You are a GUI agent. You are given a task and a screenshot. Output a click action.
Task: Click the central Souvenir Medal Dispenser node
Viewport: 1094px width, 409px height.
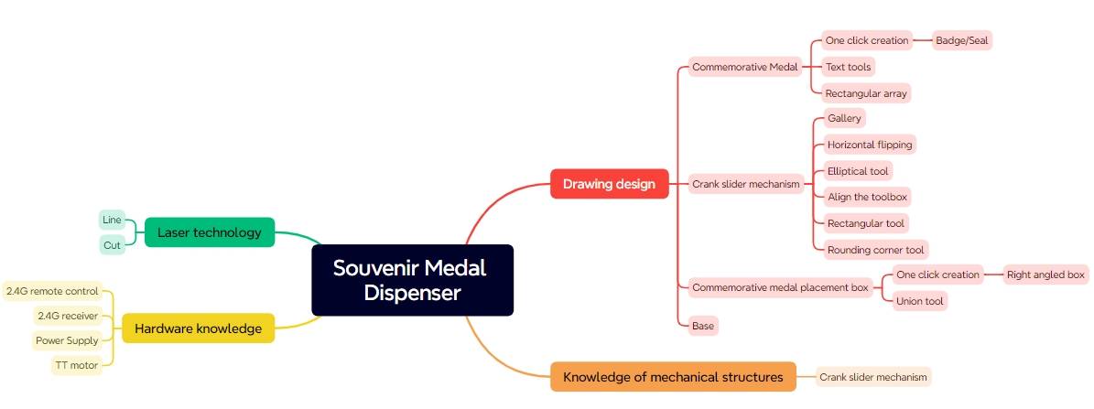412,280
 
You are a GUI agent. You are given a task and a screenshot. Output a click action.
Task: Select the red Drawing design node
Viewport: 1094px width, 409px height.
609,184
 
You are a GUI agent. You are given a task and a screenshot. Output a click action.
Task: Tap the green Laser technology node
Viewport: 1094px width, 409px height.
209,232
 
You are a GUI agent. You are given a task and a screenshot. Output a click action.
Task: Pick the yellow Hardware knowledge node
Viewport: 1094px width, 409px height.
198,328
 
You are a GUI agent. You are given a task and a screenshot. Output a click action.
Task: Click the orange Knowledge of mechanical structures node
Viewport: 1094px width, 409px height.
673,377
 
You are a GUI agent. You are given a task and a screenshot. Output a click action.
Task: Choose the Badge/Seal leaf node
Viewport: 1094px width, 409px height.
961,40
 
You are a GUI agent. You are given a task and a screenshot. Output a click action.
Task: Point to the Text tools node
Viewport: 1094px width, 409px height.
848,67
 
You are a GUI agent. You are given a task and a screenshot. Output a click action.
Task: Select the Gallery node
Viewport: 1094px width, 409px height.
843,119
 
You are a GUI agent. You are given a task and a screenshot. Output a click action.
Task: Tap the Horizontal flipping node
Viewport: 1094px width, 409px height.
869,145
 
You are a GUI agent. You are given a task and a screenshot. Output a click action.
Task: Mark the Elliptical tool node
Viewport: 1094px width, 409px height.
857,171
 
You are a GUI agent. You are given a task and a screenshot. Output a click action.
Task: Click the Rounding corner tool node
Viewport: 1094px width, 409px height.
875,250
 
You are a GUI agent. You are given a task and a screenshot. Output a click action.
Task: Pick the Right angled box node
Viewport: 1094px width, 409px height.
1045,274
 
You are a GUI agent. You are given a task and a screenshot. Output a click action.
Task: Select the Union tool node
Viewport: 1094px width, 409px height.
919,301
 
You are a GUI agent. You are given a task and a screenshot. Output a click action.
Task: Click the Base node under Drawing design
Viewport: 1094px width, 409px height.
703,326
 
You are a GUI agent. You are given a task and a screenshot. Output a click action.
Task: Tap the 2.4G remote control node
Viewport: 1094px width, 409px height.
52,292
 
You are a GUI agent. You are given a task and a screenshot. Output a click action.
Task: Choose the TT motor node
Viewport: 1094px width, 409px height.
76,365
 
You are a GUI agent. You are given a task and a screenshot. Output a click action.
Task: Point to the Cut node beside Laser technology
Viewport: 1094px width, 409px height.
112,245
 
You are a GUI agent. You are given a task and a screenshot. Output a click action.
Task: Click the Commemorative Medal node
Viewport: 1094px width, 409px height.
745,67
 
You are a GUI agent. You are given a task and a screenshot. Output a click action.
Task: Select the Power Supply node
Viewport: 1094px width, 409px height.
67,340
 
